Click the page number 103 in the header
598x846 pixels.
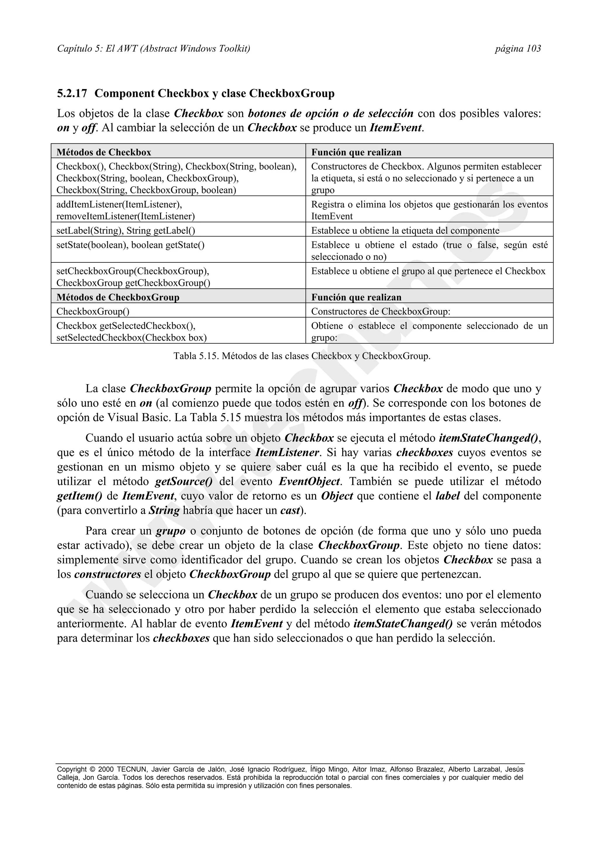tap(533, 49)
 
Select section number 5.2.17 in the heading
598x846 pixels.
tap(72, 94)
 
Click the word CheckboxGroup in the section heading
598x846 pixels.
tap(292, 94)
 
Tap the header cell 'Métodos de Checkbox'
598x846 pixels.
tap(104, 152)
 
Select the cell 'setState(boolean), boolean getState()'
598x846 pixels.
tap(131, 245)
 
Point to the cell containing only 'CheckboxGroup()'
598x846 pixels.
tap(93, 311)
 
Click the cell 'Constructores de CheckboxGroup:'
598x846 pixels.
tap(381, 311)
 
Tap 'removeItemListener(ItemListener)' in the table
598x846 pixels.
tap(126, 216)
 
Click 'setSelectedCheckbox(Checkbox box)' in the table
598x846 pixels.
tap(131, 337)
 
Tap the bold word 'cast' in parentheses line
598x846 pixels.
tap(290, 511)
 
